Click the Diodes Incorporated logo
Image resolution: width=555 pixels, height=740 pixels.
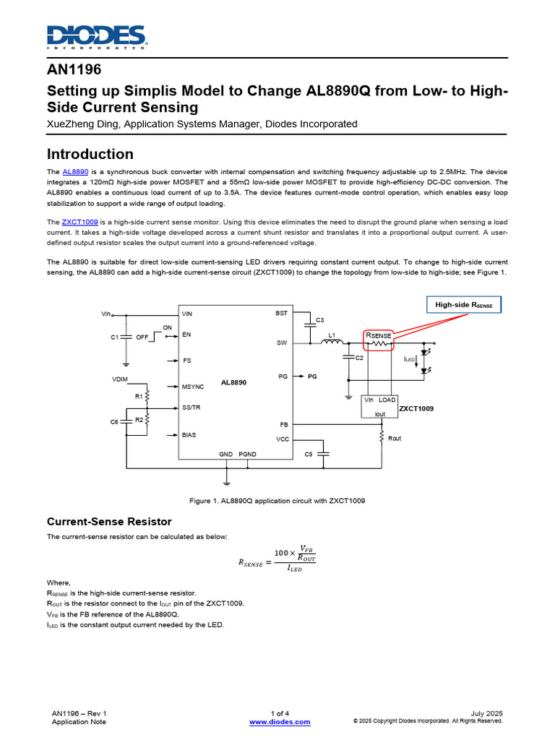pos(97,36)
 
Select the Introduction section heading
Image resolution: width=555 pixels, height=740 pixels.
pos(90,154)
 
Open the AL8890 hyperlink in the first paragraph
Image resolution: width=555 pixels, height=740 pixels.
pos(75,172)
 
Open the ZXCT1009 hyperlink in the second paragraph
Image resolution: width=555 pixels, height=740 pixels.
pos(80,221)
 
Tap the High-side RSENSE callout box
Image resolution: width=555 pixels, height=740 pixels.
pos(463,306)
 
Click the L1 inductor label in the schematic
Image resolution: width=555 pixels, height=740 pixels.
pos(332,335)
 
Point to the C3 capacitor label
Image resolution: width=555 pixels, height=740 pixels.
pos(320,319)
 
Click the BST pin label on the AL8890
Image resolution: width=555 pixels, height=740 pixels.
pos(281,314)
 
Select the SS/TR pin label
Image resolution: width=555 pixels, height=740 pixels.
pos(192,408)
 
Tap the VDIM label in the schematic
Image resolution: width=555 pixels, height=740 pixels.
pos(121,379)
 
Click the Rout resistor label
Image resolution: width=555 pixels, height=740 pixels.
pos(395,439)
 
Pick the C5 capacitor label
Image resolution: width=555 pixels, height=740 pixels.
pos(309,454)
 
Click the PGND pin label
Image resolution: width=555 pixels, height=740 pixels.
pos(247,454)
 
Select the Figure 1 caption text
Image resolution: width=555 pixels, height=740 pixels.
pos(277,501)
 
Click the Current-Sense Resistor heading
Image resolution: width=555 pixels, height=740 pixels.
pos(109,521)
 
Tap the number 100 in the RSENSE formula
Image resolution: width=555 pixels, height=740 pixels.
pos(283,554)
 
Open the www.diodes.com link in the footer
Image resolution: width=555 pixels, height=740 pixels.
pos(280,722)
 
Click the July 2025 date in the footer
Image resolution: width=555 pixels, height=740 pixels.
pos(486,713)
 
